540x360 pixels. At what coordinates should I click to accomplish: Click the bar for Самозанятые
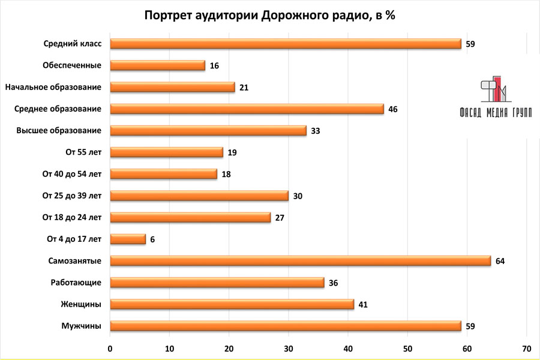[300, 261]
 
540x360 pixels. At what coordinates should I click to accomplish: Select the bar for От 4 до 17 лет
[128, 239]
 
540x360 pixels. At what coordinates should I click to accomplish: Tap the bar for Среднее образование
[247, 109]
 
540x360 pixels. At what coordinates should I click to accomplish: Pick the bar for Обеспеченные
[158, 65]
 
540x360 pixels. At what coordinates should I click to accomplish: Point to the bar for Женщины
[232, 304]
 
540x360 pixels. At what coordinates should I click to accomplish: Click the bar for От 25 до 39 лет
[200, 196]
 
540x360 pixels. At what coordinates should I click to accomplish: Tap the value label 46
[393, 109]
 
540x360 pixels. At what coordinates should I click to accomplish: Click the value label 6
[152, 239]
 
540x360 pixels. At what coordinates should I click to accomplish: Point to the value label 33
[316, 131]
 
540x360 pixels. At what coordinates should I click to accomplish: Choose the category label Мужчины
[81, 326]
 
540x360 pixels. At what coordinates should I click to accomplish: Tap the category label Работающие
[74, 283]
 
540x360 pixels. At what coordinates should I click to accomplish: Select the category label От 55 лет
[83, 152]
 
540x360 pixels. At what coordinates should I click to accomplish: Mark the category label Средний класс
[73, 44]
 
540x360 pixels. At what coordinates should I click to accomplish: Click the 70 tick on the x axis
[526, 349]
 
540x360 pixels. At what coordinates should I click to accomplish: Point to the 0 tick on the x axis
[110, 349]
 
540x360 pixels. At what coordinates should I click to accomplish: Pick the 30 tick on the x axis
[289, 349]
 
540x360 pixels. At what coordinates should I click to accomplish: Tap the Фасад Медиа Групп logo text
[495, 112]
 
